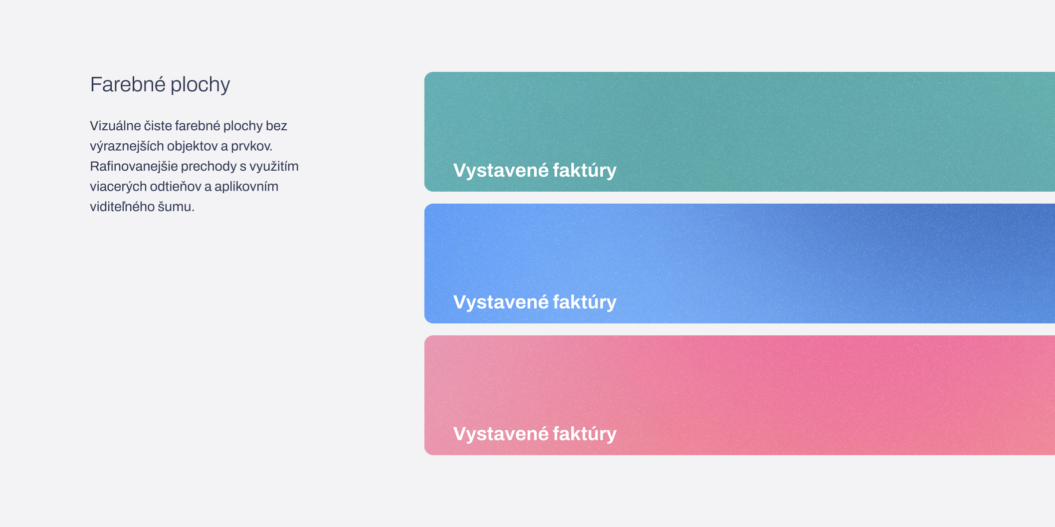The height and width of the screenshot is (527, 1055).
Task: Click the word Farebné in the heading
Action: pos(128,84)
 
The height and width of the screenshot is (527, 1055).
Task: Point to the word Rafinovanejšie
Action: pos(134,166)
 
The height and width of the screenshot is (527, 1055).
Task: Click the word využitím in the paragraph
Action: pos(274,167)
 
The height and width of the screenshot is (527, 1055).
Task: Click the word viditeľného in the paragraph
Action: pos(122,207)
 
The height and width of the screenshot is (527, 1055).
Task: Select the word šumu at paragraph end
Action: pos(176,207)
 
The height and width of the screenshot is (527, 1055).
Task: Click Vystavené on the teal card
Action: pos(501,171)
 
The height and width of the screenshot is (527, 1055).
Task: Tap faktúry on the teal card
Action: pos(585,171)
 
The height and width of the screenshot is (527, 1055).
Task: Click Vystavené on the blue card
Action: pos(501,302)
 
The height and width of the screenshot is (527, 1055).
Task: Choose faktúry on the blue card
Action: pos(585,302)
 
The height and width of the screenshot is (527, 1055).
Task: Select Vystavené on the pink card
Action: pos(501,434)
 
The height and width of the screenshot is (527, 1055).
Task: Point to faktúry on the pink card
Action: pos(585,434)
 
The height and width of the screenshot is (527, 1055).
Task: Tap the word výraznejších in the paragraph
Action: pos(127,146)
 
